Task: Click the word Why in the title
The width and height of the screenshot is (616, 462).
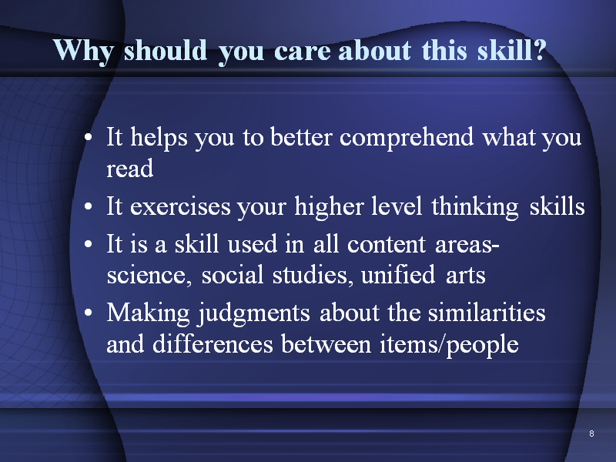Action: (83, 52)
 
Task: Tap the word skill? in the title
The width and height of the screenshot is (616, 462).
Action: (512, 50)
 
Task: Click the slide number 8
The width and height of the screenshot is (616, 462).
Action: (591, 434)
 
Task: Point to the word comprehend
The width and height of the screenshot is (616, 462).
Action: (407, 139)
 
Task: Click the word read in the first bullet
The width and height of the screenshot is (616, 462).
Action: (129, 169)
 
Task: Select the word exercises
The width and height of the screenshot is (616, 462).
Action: (180, 207)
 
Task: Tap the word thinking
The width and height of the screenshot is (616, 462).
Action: (475, 208)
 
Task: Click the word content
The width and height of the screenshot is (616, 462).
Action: (387, 244)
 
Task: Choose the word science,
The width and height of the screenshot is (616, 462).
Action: (149, 275)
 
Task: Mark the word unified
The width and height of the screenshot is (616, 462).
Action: (397, 274)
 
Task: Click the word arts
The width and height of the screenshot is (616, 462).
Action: (466, 276)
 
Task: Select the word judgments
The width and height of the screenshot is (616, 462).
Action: (254, 315)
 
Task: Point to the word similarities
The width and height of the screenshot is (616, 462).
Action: (487, 313)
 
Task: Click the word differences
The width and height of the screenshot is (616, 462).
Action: (213, 344)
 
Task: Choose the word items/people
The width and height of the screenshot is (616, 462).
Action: (449, 346)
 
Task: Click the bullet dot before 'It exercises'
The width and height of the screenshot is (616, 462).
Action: (89, 206)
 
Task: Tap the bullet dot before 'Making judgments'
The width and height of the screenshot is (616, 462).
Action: (89, 313)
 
